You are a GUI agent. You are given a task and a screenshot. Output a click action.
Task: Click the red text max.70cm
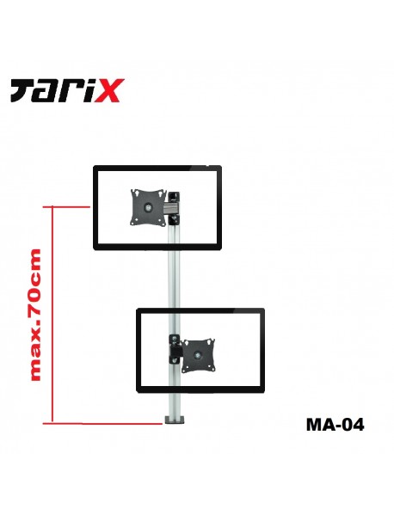click(35, 314)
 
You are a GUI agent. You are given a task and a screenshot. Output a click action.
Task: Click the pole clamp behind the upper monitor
click(175, 205)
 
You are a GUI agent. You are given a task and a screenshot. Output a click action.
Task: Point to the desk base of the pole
click(175, 420)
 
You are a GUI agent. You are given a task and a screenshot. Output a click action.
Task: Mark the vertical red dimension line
click(53, 314)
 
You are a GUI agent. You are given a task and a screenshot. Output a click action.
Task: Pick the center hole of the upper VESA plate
click(145, 206)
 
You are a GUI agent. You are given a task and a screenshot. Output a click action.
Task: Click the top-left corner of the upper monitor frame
click(95, 168)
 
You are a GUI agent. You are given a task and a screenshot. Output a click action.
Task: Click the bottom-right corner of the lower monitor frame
click(262, 391)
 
